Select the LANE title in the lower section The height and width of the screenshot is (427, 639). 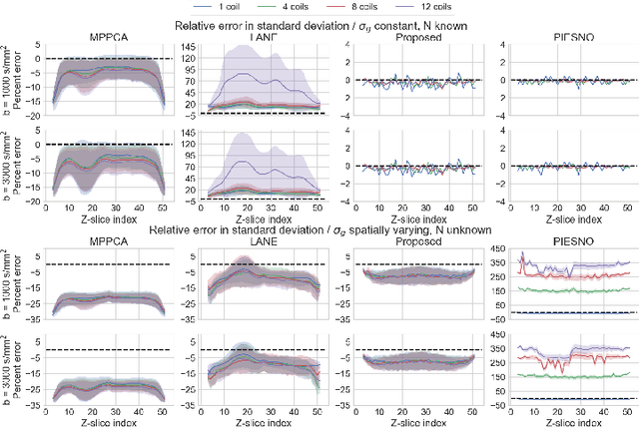coord(260,242)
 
